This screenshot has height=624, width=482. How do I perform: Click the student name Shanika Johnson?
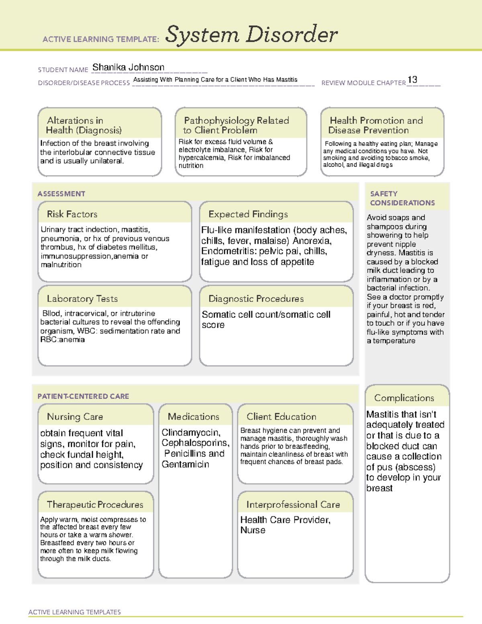tap(128, 67)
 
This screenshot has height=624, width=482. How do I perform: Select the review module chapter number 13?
tap(412, 80)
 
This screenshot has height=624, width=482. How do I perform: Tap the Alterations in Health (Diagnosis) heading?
tap(84, 125)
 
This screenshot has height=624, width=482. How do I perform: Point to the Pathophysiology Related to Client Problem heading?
tap(236, 125)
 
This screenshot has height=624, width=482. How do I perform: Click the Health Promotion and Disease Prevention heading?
tap(376, 125)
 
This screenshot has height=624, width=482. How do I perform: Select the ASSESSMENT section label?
tap(61, 194)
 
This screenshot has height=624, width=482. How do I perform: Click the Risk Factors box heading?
tap(72, 214)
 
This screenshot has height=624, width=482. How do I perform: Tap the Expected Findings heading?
tap(248, 214)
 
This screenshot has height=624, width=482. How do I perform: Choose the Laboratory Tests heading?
tap(82, 299)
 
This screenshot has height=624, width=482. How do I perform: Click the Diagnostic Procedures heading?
tap(256, 299)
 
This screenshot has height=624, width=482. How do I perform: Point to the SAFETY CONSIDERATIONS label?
tap(402, 198)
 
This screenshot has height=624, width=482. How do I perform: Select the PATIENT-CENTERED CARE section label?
tap(83, 396)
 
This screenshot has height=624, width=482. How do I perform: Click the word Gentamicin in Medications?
tap(185, 464)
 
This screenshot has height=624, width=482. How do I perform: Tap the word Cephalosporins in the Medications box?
tap(195, 443)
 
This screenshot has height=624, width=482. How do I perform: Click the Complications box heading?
tap(404, 398)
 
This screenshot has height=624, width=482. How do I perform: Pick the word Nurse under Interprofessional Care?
tap(253, 530)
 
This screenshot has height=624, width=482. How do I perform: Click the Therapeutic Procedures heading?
tap(95, 504)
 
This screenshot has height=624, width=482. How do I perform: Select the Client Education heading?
tap(281, 417)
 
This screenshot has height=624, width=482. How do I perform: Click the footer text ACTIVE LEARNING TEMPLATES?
tap(75, 612)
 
